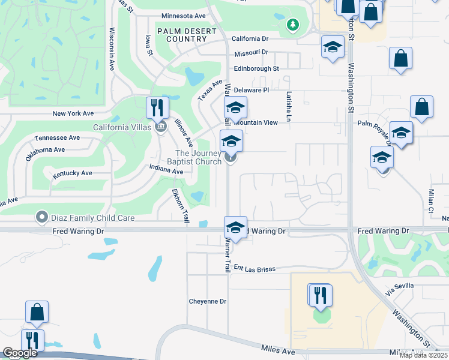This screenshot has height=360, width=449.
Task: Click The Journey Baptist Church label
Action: [x=198, y=157]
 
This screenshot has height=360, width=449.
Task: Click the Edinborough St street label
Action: [x=256, y=68]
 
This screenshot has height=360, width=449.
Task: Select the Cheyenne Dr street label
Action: [x=207, y=301]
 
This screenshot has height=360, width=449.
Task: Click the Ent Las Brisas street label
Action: [x=255, y=269]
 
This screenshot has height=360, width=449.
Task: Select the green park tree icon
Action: [x=292, y=25]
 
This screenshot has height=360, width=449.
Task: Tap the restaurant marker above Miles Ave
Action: [x=320, y=295]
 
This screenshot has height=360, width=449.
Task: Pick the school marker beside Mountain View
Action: [x=236, y=108]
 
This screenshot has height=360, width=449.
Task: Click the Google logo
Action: [x=20, y=353]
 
